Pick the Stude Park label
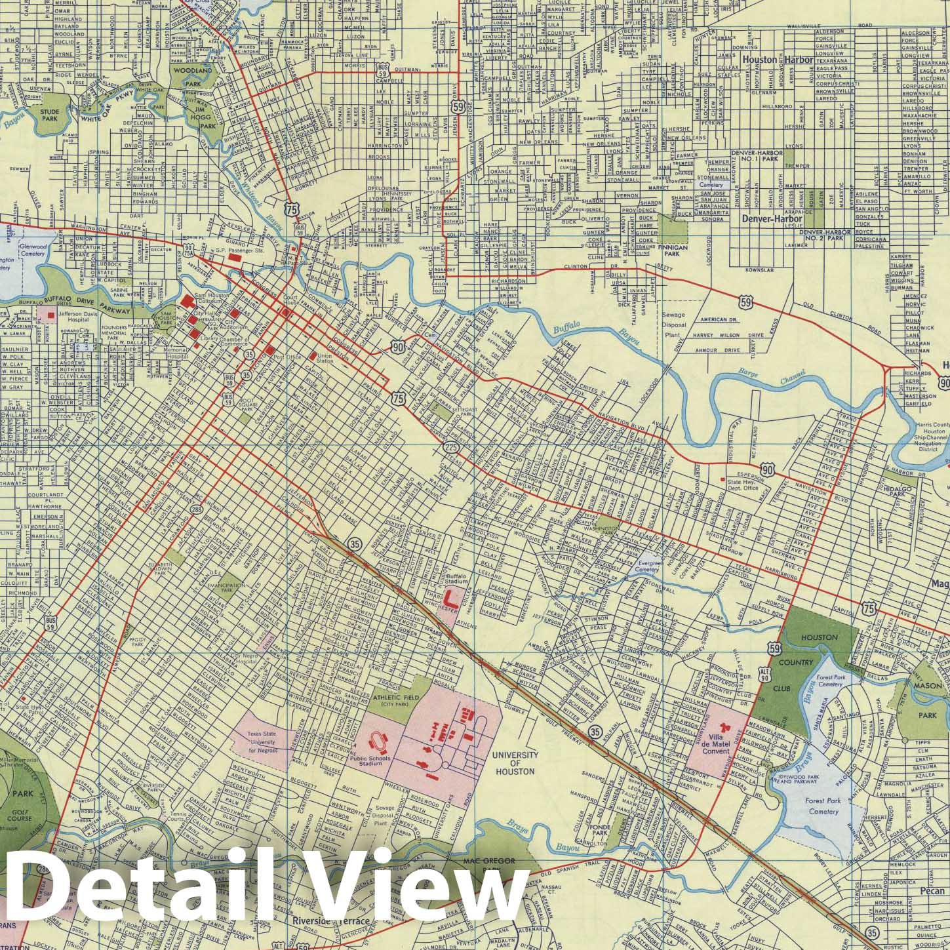coord(50,115)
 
